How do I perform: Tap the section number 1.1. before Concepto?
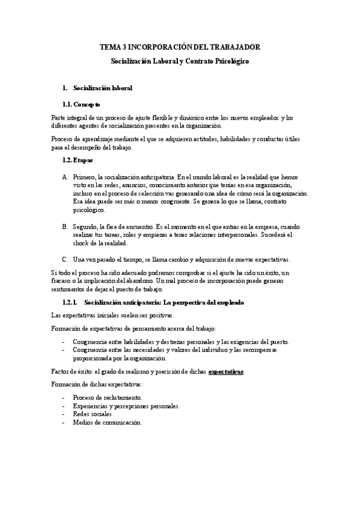pyautogui.click(x=69, y=104)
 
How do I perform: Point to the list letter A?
pyautogui.click(x=65, y=177)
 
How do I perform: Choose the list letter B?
pyautogui.click(x=65, y=227)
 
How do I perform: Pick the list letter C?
pyautogui.click(x=65, y=260)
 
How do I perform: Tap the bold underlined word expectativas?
pyautogui.click(x=227, y=372)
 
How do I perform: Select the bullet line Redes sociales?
pyautogui.click(x=93, y=414)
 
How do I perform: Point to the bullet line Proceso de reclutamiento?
pyautogui.click(x=107, y=398)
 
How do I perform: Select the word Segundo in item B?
pyautogui.click(x=85, y=227)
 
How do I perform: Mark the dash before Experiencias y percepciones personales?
pyautogui.click(x=64, y=406)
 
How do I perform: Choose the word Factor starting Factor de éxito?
pyautogui.click(x=59, y=372)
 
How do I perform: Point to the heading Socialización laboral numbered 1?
pyautogui.click(x=102, y=88)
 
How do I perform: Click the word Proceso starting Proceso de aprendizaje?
pyautogui.click(x=62, y=139)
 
